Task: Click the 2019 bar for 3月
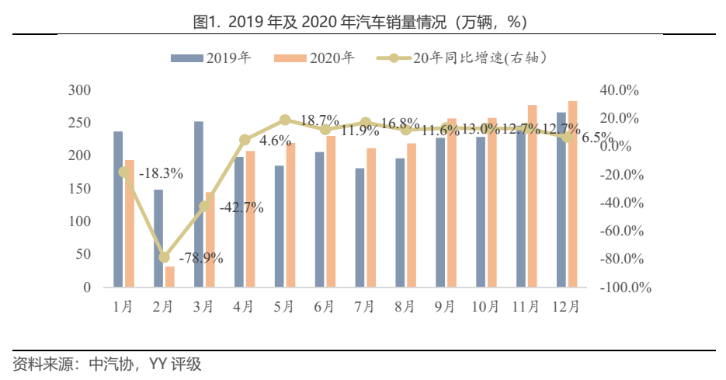tap(199, 204)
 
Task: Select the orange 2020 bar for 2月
tap(170, 277)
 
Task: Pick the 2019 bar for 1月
tap(118, 209)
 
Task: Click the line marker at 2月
tap(164, 257)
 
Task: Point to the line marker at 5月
tap(285, 120)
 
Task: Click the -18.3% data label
tap(161, 173)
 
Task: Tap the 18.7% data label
tap(319, 120)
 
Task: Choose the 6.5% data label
tap(597, 138)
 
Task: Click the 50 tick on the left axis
tap(84, 255)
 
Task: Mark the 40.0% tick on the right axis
tap(619, 91)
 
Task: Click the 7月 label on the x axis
tap(364, 307)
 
